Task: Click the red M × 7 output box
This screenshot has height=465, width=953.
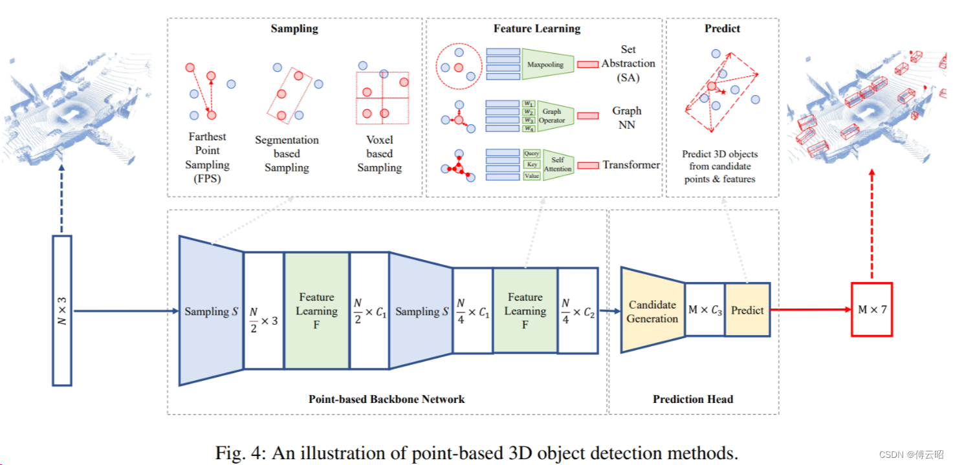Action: point(871,310)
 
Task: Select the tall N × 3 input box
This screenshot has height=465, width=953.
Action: point(62,310)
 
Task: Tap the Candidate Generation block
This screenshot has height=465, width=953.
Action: point(653,310)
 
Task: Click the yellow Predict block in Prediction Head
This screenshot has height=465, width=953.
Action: point(747,310)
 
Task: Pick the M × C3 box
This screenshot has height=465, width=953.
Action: point(705,310)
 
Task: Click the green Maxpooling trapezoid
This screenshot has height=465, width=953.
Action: point(547,64)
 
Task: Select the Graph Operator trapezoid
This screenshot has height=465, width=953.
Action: point(555,116)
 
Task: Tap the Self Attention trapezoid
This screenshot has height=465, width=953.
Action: point(558,165)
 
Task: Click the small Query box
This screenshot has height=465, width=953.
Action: point(532,153)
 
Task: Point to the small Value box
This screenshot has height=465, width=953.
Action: point(532,176)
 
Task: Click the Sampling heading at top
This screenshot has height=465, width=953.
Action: point(294,28)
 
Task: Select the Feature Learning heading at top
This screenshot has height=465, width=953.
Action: point(537,28)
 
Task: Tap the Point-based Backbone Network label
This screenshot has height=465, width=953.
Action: point(386,399)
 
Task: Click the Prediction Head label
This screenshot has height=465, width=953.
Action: point(693,399)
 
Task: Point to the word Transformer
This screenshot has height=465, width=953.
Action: point(631,165)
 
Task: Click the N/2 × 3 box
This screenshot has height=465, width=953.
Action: point(264,310)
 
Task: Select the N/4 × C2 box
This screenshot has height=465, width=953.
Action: point(578,310)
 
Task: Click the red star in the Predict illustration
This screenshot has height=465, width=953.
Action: point(723,92)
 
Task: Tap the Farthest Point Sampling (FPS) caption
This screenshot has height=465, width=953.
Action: point(207,157)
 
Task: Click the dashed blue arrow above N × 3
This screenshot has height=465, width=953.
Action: point(61,199)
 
